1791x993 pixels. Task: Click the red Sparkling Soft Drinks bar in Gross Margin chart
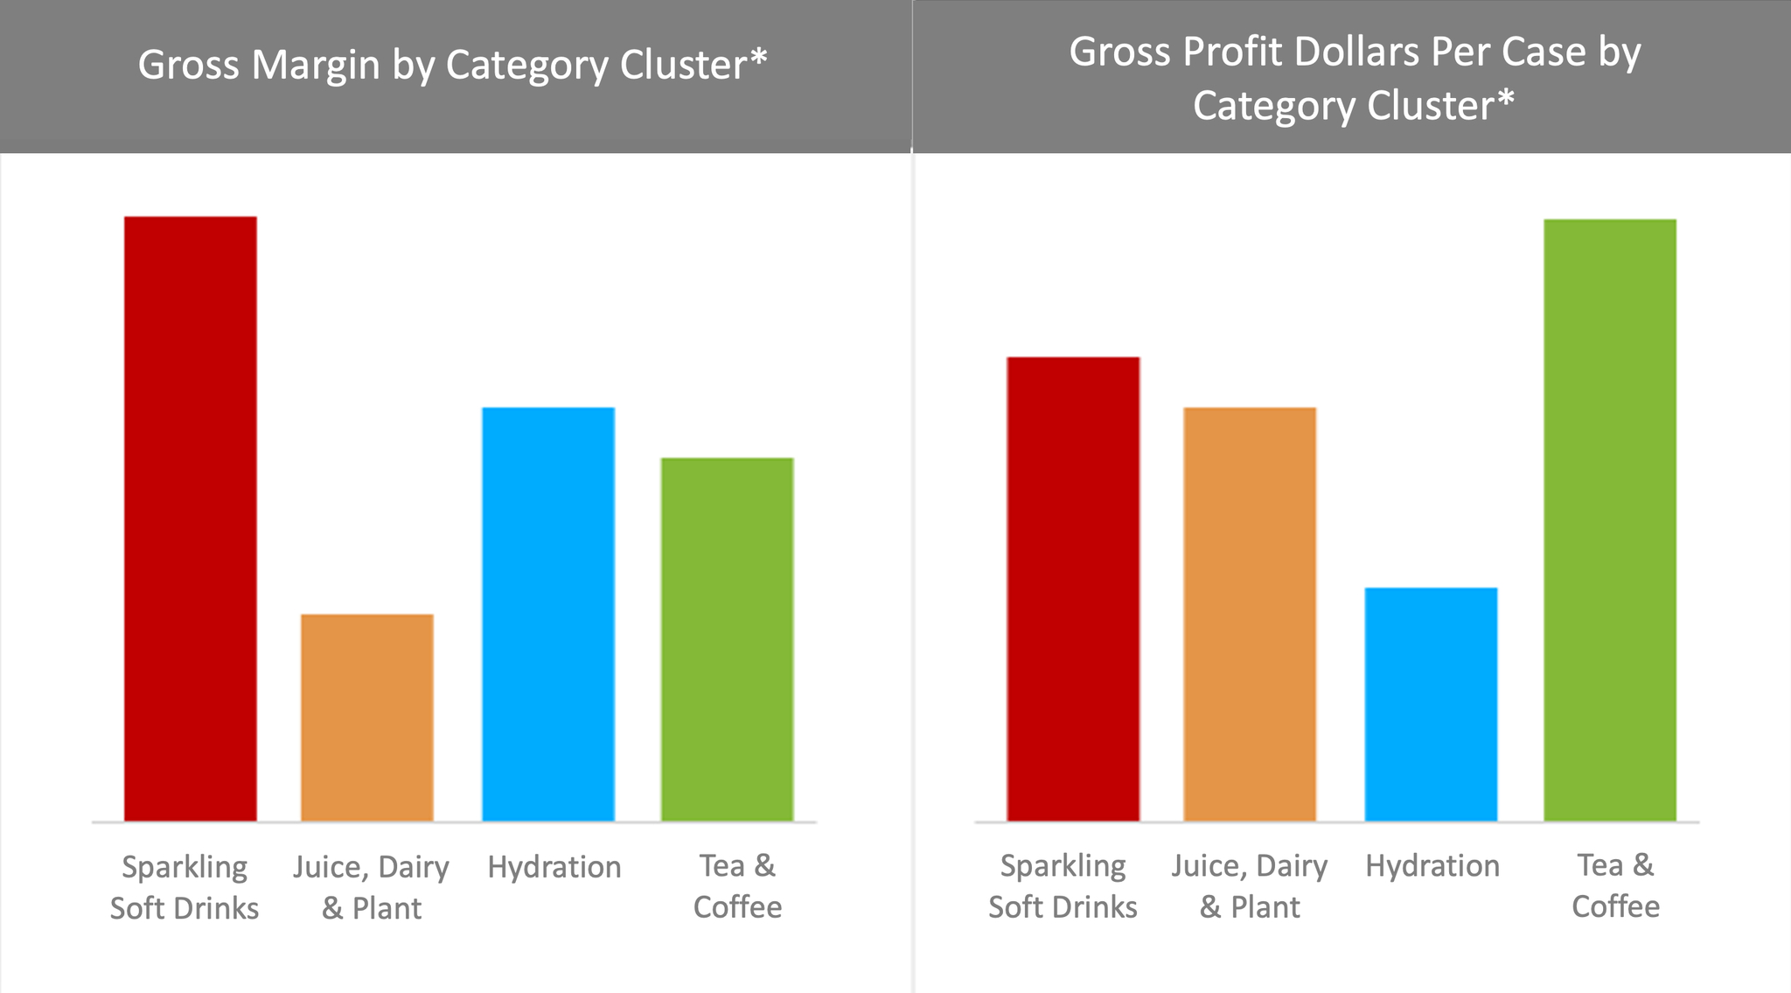click(x=191, y=518)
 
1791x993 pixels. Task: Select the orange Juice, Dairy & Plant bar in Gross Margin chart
click(x=367, y=717)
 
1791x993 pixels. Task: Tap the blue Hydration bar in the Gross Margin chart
click(x=548, y=613)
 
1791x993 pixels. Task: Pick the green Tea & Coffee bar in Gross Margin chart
click(x=727, y=639)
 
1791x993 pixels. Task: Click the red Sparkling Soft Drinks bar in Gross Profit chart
click(x=1073, y=588)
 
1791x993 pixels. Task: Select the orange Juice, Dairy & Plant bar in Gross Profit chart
click(x=1250, y=613)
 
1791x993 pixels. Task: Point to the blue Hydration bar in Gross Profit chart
click(x=1431, y=703)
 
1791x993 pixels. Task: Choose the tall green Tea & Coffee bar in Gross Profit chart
click(x=1610, y=520)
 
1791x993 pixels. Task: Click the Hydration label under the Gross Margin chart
click(x=554, y=867)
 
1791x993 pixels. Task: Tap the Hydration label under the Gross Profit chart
click(x=1432, y=866)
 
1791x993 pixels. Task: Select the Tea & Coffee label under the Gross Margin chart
click(x=737, y=886)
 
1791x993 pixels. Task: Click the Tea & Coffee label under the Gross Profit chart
click(x=1615, y=885)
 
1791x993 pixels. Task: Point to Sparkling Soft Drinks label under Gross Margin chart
click(x=185, y=887)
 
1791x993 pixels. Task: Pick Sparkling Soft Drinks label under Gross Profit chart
click(x=1063, y=886)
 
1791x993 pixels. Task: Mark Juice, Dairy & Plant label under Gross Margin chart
click(x=371, y=887)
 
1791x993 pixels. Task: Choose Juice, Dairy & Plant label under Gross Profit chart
click(x=1250, y=886)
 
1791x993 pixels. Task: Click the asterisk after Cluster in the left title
click(x=758, y=58)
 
